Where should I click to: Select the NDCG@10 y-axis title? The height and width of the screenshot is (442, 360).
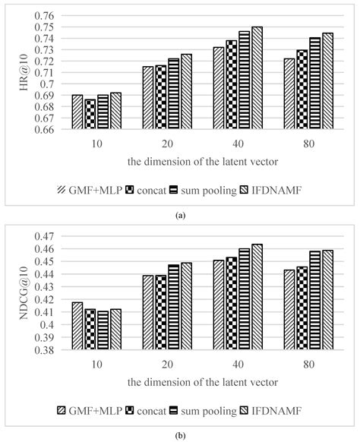coord(21,293)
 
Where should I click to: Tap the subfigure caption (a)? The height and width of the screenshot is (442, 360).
coord(180,216)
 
